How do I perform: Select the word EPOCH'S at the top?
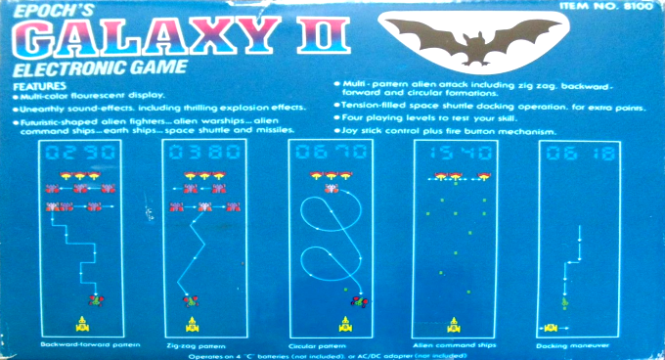point(44,9)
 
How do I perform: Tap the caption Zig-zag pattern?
point(199,344)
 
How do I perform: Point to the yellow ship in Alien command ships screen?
point(452,322)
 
